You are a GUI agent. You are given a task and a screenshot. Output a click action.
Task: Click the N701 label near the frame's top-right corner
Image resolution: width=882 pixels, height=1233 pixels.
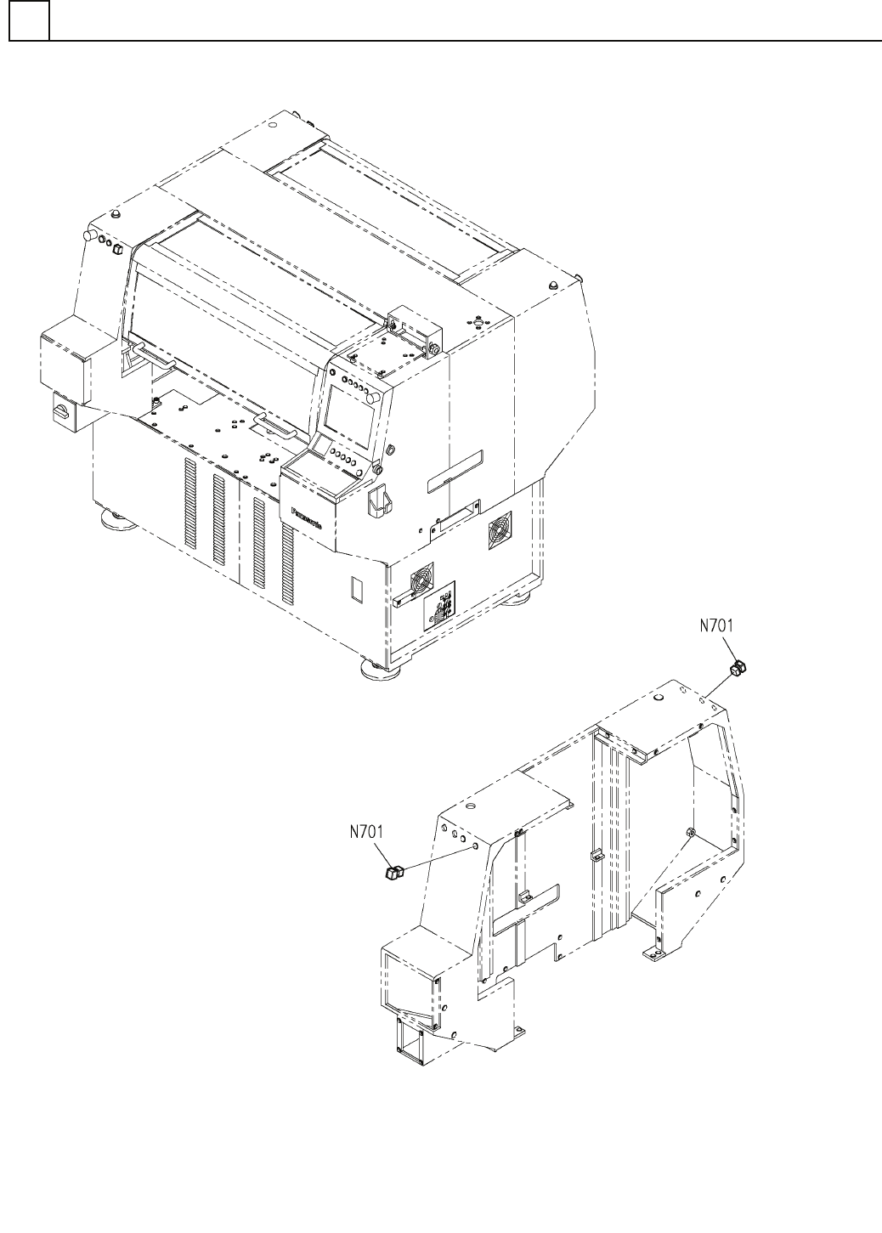coord(716,626)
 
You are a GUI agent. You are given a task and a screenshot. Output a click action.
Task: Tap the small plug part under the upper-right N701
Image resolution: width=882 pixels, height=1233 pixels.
coord(738,669)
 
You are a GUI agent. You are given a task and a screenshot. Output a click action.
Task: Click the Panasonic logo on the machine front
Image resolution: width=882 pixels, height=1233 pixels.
coord(306,518)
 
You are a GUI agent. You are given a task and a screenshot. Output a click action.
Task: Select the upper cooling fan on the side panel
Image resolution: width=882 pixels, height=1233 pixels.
coord(500,529)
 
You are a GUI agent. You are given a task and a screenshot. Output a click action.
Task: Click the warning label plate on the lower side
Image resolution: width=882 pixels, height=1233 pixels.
coord(439,606)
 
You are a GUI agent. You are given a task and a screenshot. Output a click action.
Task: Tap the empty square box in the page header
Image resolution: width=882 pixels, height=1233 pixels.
coord(29,20)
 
